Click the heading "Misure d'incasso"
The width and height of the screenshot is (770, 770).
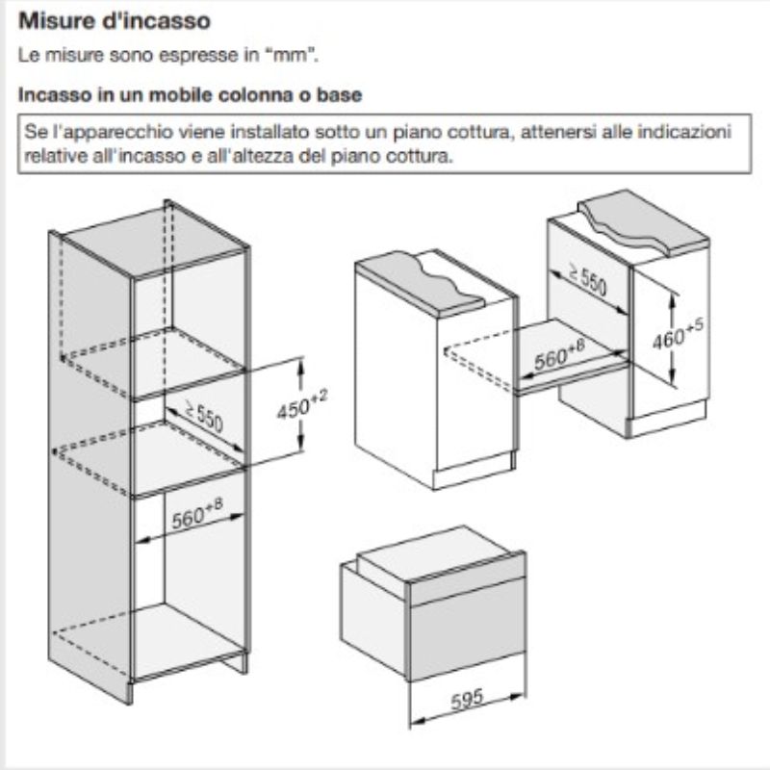point(115,21)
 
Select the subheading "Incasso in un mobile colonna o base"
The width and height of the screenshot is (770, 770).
point(190,94)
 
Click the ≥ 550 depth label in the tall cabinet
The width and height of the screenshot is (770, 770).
point(204,416)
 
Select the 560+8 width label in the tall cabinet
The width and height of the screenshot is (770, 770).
point(197,514)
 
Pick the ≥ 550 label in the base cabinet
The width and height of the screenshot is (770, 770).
point(587,279)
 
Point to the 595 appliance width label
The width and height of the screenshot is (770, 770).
point(467,700)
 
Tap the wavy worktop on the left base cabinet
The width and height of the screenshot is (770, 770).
point(420,283)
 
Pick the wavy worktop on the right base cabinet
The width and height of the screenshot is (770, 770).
point(644,221)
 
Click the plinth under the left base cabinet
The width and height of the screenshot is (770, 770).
point(473,472)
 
